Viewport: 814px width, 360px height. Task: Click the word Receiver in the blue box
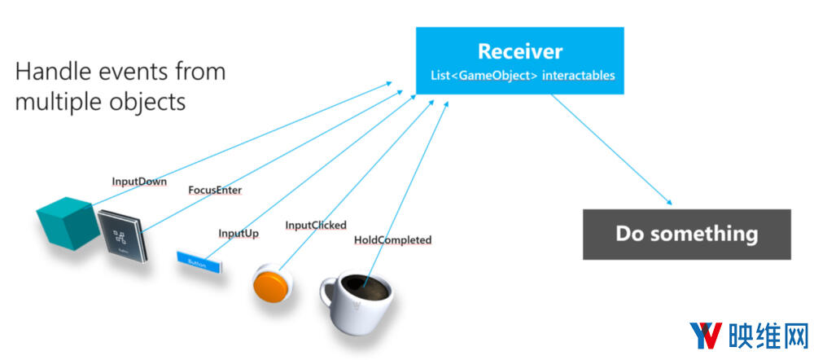tap(519, 51)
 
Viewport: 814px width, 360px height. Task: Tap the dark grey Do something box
tap(686, 235)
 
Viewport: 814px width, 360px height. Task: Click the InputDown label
tap(138, 182)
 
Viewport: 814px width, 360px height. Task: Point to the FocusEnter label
tap(215, 190)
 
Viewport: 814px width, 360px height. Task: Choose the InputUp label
tap(239, 233)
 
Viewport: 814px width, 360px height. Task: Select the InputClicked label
tap(316, 225)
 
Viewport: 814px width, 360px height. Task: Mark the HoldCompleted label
tap(392, 240)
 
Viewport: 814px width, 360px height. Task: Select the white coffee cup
tap(363, 305)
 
